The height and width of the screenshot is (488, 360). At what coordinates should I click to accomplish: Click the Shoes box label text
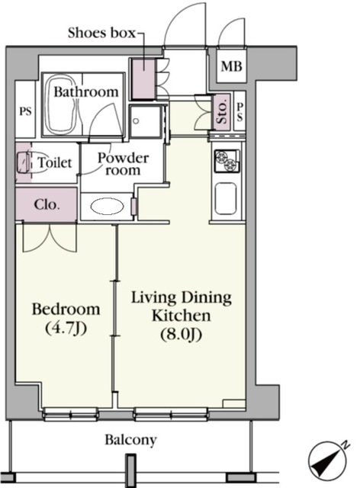(102, 33)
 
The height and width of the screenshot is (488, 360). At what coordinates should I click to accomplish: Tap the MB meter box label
(231, 66)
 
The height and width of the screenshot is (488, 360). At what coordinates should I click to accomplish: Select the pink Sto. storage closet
(221, 112)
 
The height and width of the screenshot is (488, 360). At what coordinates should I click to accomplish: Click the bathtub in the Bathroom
(61, 105)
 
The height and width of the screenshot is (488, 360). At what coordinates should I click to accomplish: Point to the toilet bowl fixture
(24, 162)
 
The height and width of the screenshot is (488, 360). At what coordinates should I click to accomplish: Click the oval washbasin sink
(107, 206)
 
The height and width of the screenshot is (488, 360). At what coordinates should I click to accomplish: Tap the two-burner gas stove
(227, 161)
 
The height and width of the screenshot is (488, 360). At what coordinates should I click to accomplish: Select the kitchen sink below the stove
(226, 198)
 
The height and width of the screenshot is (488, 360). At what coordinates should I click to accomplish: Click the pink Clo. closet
(46, 204)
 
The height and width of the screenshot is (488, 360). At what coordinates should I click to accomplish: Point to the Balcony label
(130, 440)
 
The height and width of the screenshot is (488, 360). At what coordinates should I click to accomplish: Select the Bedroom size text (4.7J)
(66, 328)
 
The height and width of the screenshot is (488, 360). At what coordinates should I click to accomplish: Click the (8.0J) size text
(182, 335)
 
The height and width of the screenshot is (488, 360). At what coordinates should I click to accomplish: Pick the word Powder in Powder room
(123, 158)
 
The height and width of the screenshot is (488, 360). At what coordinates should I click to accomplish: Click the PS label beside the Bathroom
(25, 111)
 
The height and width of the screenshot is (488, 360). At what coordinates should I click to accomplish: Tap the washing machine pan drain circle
(136, 121)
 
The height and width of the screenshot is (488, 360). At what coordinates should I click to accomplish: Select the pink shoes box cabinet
(143, 79)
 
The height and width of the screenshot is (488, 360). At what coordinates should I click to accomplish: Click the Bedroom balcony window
(70, 414)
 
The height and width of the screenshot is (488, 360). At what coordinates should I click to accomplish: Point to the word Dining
(206, 298)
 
